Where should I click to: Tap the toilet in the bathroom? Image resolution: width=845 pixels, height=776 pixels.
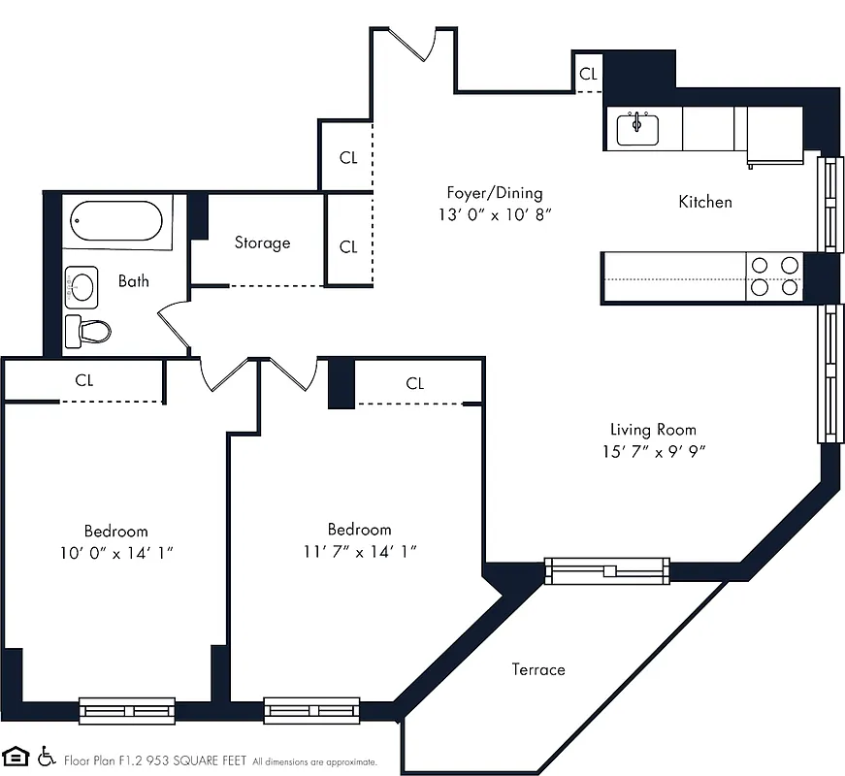tap(87, 332)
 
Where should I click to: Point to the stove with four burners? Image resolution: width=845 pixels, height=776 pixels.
tap(774, 276)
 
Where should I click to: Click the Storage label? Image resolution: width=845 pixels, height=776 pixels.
tap(262, 242)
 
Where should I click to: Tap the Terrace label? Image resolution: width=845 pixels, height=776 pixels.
tap(538, 669)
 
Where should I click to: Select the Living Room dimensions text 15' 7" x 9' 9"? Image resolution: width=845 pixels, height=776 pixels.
tap(652, 451)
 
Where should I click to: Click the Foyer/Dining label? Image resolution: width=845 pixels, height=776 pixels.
tap(494, 193)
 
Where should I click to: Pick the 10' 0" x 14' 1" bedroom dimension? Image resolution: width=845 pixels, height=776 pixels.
tap(115, 552)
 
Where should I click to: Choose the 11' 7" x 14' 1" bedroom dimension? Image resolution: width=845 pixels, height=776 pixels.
tap(359, 552)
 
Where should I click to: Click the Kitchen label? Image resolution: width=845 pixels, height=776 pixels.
tap(704, 202)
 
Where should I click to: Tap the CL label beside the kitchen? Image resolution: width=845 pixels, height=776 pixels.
tap(589, 74)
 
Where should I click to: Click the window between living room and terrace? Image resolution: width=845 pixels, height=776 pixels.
tap(606, 570)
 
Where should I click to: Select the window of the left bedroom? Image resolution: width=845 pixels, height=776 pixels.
tap(127, 711)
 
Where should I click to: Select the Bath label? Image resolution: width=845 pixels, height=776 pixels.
tap(134, 281)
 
